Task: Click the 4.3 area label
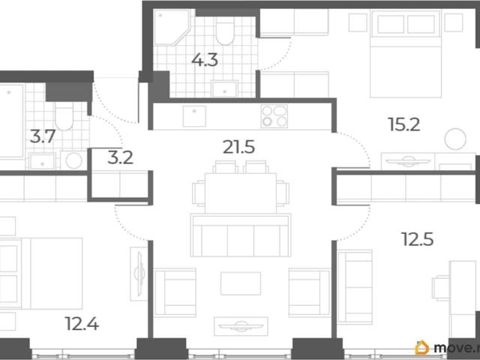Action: tap(205, 60)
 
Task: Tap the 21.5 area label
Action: tap(238, 147)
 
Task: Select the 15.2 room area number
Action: tap(404, 124)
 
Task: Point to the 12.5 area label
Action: tap(418, 239)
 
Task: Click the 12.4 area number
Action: tap(82, 323)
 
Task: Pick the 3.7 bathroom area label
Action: tap(43, 136)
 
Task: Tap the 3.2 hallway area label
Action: tap(120, 157)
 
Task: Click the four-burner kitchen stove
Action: tap(274, 116)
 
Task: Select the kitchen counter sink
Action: tap(194, 116)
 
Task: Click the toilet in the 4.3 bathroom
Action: tap(225, 30)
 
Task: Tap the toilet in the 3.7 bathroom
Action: tap(64, 116)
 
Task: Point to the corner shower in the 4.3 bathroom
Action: tap(172, 28)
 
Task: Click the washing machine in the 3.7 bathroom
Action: tap(73, 160)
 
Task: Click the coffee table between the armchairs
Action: tap(241, 283)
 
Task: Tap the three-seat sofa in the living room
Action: tap(241, 235)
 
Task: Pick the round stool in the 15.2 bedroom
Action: tap(455, 139)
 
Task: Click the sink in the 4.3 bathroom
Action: tap(225, 89)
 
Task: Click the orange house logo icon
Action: tap(422, 348)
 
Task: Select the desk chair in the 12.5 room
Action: tap(441, 287)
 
